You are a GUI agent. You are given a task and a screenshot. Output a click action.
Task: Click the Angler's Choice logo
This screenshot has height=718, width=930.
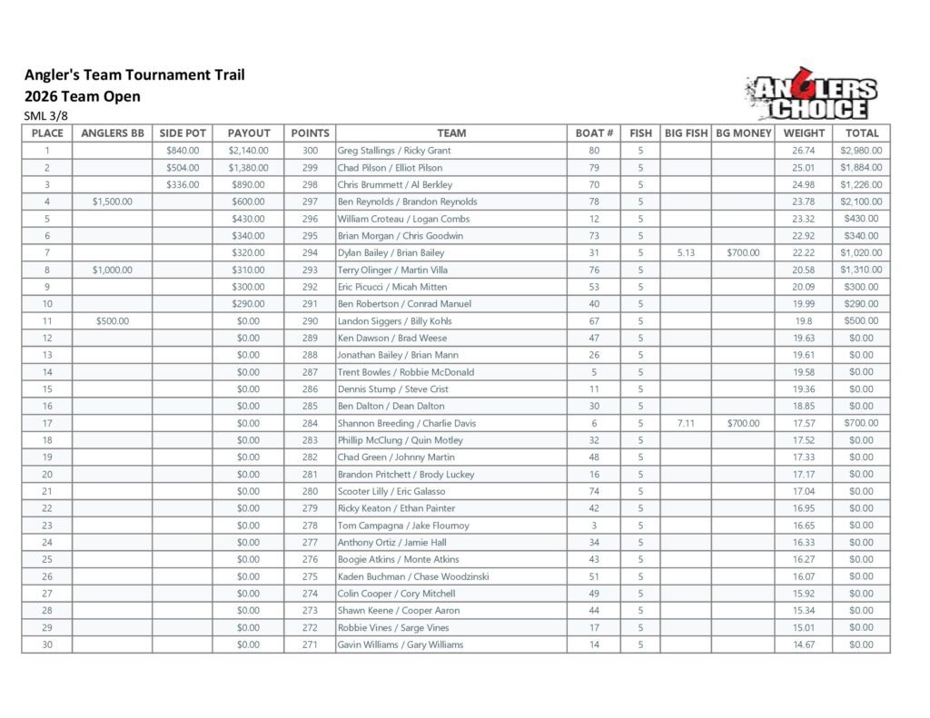pyautogui.click(x=811, y=97)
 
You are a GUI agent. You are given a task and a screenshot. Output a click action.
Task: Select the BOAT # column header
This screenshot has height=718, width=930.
pyautogui.click(x=594, y=133)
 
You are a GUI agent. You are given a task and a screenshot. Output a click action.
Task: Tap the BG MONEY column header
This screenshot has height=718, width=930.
pyautogui.click(x=743, y=133)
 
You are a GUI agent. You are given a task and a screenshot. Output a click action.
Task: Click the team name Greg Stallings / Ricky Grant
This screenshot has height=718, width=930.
pyautogui.click(x=393, y=151)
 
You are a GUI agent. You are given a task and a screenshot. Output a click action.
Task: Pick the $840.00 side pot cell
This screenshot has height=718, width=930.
pyautogui.click(x=183, y=151)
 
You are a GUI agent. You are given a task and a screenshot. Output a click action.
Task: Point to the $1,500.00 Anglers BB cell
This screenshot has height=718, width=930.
pyautogui.click(x=113, y=202)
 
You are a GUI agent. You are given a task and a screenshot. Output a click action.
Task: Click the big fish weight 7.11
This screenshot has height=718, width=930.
pyautogui.click(x=686, y=423)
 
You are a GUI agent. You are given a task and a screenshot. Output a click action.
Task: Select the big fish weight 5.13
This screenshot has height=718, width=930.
pyautogui.click(x=686, y=252)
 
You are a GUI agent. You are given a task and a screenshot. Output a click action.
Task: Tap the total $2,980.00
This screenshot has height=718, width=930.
pyautogui.click(x=861, y=151)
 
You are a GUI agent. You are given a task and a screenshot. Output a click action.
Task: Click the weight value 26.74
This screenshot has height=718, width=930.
pyautogui.click(x=803, y=151)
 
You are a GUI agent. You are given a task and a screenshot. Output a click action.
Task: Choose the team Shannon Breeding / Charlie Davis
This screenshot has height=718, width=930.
pyautogui.click(x=406, y=423)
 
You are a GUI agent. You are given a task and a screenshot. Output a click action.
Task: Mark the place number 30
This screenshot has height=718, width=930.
pyautogui.click(x=47, y=644)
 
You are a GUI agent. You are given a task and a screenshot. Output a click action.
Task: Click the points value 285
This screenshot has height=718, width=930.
pyautogui.click(x=310, y=406)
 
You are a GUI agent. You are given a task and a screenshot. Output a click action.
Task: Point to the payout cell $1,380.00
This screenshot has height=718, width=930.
pyautogui.click(x=247, y=168)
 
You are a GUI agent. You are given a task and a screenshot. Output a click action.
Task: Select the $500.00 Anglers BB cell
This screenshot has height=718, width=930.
pyautogui.click(x=113, y=320)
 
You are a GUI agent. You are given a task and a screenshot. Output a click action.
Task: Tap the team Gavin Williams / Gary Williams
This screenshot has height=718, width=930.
pyautogui.click(x=400, y=644)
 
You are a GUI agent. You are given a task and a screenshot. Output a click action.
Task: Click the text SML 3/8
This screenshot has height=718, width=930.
pyautogui.click(x=45, y=116)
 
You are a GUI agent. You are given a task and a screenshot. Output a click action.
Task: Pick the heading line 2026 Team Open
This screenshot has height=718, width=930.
pyautogui.click(x=83, y=96)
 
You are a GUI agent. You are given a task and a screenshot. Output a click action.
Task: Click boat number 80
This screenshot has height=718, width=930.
pyautogui.click(x=594, y=151)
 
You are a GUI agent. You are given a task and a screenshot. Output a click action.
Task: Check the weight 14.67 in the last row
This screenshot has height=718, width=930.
pyautogui.click(x=803, y=644)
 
